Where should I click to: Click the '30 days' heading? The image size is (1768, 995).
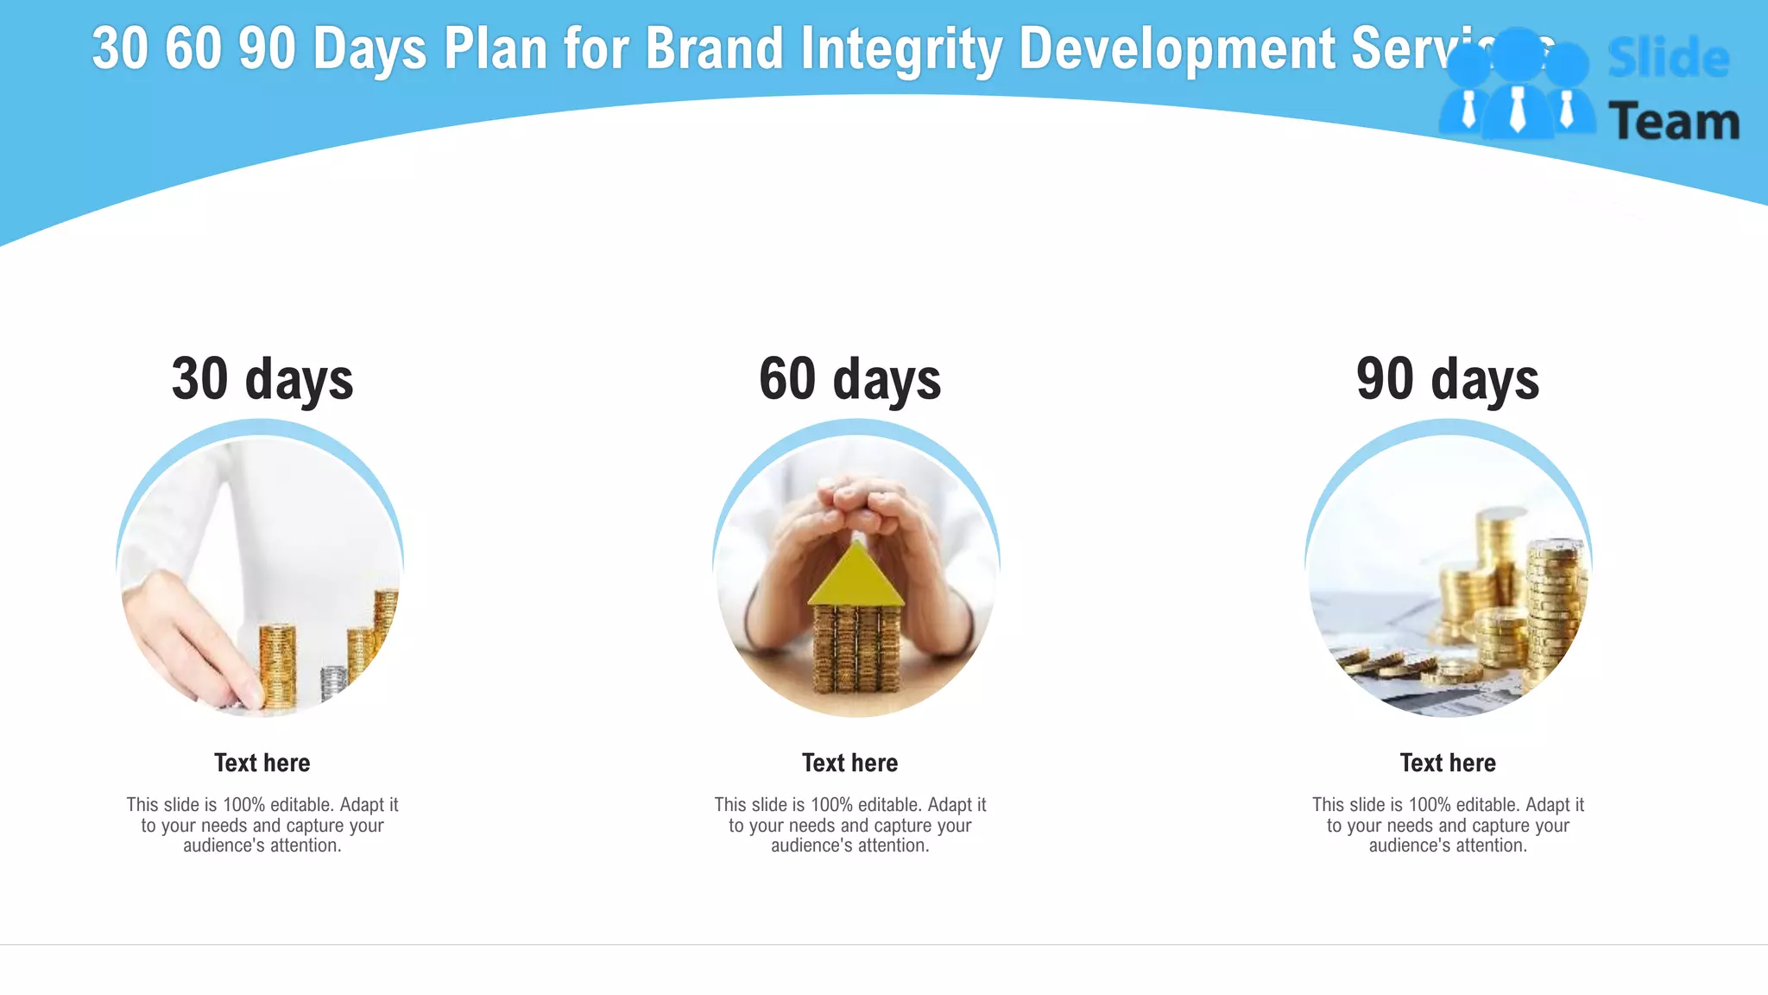click(262, 380)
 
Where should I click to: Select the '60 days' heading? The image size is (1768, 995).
click(850, 380)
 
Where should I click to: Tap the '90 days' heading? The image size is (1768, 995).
click(1448, 380)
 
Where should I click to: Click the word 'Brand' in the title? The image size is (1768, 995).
click(714, 48)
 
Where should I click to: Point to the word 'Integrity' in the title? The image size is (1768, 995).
click(901, 48)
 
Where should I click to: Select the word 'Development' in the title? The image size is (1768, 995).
click(1178, 48)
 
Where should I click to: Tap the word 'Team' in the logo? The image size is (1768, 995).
click(1674, 122)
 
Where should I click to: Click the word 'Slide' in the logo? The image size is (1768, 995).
click(1668, 59)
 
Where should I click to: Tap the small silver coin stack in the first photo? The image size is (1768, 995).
click(333, 681)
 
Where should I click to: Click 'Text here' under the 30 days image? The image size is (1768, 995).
click(262, 763)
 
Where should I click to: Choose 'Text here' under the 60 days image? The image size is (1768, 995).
click(850, 763)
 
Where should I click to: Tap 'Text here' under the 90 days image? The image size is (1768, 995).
click(1448, 763)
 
